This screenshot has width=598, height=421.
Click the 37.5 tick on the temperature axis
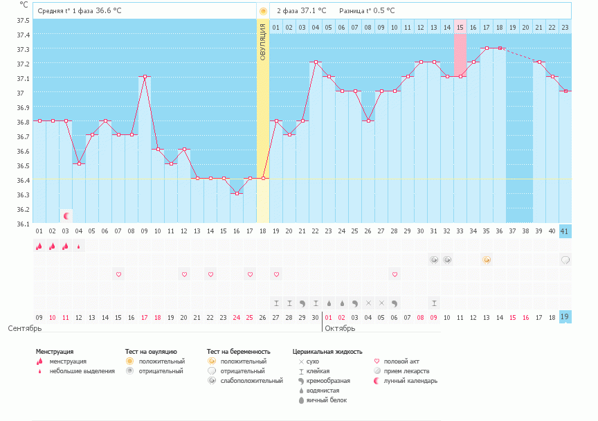click(23, 20)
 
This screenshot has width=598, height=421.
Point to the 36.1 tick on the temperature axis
click(23, 224)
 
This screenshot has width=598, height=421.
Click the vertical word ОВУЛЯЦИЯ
click(263, 41)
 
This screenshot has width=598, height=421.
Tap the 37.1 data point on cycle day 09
click(145, 77)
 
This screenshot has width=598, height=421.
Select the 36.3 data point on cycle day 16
click(237, 193)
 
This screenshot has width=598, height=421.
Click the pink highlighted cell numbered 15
click(460, 27)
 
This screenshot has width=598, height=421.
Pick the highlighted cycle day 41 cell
click(565, 231)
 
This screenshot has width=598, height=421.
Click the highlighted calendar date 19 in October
click(565, 317)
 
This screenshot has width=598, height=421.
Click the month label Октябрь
click(340, 328)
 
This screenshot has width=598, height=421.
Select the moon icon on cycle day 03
click(66, 216)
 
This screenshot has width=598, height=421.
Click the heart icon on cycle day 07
click(118, 274)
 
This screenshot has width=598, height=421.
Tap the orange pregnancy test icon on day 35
click(487, 260)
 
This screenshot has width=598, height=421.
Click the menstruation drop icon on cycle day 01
click(39, 246)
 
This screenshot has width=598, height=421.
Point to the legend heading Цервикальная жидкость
click(327, 352)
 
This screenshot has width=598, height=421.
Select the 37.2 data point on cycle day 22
click(316, 62)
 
